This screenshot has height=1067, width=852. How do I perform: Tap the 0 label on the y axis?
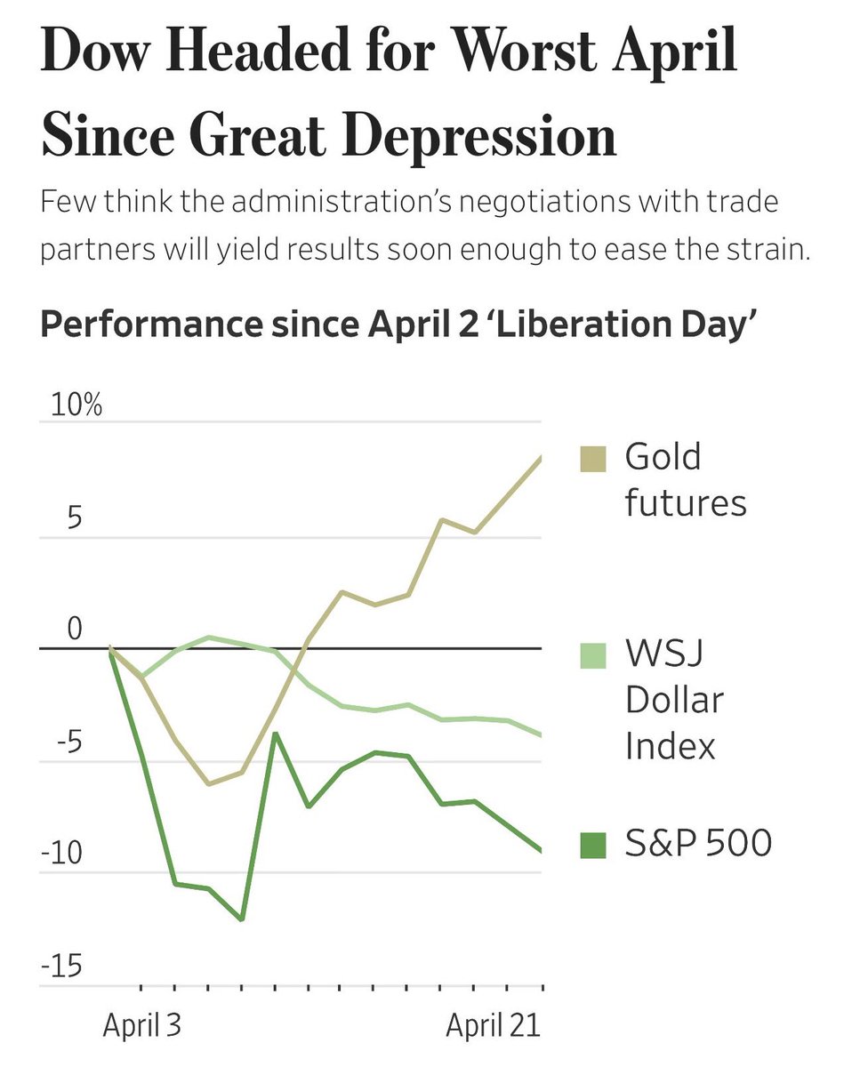[x=74, y=630]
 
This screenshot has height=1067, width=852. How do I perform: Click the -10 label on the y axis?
[x=62, y=854]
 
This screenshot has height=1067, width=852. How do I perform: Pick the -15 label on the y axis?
[x=62, y=966]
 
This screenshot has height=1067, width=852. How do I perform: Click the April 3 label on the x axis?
[x=141, y=1026]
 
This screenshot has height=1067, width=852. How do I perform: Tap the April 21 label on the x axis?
[x=493, y=1026]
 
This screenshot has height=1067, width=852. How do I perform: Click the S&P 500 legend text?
[x=697, y=843]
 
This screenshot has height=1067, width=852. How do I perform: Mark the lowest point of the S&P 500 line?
[x=241, y=919]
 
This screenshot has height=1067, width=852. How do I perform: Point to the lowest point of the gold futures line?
[x=208, y=784]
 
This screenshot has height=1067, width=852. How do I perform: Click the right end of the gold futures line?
[x=541, y=457]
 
